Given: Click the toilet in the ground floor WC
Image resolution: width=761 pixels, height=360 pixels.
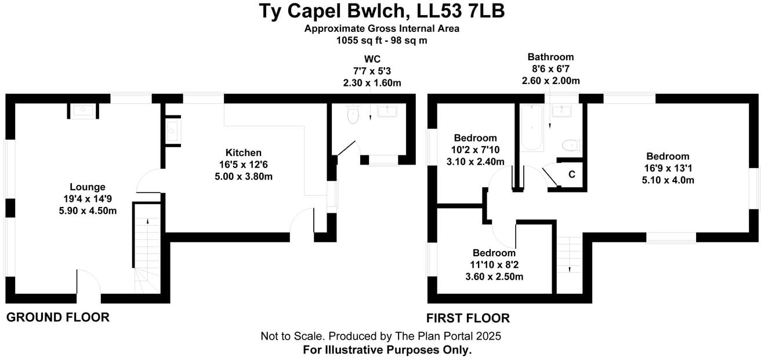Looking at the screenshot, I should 352,116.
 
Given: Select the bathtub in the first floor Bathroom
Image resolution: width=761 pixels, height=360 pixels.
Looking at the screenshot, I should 531,127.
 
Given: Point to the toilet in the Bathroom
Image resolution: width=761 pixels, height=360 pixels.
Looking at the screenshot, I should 571,144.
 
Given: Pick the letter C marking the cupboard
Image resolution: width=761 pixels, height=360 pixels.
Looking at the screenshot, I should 571,174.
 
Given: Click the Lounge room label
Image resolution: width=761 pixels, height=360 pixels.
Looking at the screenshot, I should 88,187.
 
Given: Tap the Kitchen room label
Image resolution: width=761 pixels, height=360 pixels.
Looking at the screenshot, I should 244,152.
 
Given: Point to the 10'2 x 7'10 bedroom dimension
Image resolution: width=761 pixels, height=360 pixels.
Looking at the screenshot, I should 475,150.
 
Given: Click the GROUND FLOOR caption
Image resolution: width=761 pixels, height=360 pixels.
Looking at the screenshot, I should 57,318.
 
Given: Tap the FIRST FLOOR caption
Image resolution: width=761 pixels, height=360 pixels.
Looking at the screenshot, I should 468,318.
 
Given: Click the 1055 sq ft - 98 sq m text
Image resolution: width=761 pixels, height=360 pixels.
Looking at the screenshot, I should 381,41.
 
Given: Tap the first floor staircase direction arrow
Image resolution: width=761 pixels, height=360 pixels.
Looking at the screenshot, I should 569,268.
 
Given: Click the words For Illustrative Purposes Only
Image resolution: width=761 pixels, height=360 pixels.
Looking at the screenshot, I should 387,350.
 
